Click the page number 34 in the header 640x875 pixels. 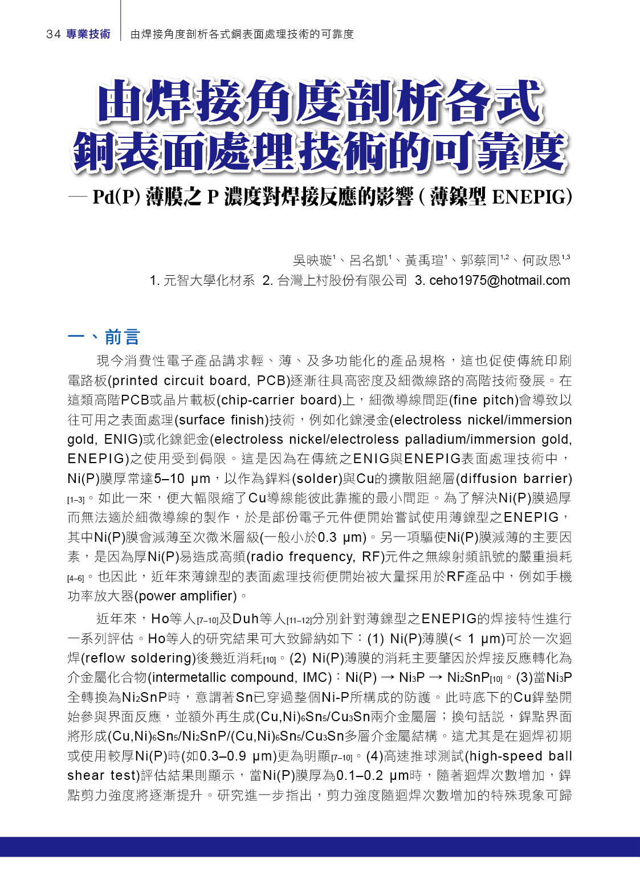coord(53,34)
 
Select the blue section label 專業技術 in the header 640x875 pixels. coord(88,34)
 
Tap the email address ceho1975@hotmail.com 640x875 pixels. coord(500,280)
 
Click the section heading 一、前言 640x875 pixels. coord(104,337)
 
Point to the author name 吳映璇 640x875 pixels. coord(312,261)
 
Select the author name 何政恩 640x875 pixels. coord(541,261)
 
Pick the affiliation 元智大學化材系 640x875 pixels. coord(209,280)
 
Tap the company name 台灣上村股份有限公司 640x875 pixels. coord(342,280)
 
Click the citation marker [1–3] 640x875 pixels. coord(75,500)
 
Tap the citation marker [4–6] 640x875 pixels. coord(75,578)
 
